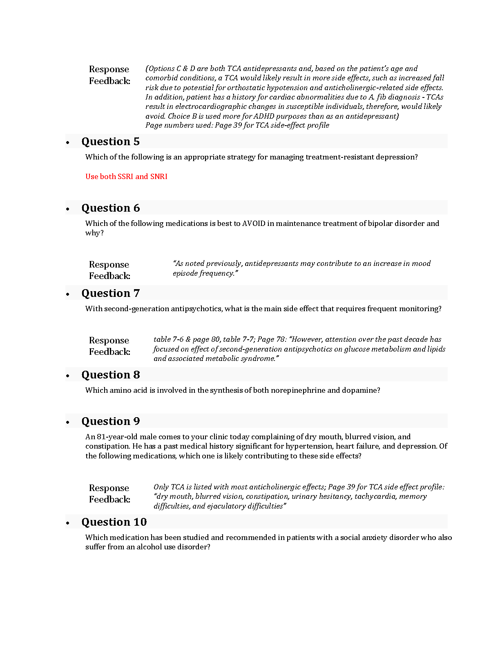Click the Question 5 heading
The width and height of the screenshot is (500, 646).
click(x=110, y=142)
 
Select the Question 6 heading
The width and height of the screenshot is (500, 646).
click(x=110, y=208)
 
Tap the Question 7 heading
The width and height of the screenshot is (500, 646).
click(x=110, y=293)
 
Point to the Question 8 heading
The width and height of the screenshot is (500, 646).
click(x=110, y=375)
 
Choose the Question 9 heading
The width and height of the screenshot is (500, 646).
click(x=110, y=421)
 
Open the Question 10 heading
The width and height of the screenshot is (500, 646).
click(x=114, y=522)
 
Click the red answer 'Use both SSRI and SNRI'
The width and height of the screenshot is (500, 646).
click(x=126, y=177)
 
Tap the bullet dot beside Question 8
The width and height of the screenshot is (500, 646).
click(x=68, y=376)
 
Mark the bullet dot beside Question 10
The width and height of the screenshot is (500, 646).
click(x=68, y=523)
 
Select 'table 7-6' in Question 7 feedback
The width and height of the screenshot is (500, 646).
click(x=168, y=339)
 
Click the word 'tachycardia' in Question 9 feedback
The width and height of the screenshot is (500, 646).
click(x=375, y=496)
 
